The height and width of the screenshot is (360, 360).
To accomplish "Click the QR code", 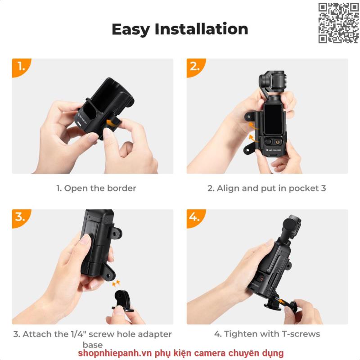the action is (x=338, y=23).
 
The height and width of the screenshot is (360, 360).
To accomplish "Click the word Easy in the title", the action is (x=130, y=29).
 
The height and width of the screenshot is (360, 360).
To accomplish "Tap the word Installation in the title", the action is (x=201, y=29).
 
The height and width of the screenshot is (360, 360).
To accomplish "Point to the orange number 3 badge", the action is (x=21, y=218).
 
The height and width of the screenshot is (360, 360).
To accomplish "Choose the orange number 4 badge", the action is (x=196, y=218).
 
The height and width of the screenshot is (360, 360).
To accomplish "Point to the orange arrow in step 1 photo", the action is (x=111, y=122).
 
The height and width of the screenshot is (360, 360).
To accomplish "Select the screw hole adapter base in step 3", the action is (x=123, y=301).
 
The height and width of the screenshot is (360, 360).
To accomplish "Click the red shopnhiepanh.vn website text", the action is (x=181, y=353).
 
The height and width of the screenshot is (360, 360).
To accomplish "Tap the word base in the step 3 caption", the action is (x=93, y=345).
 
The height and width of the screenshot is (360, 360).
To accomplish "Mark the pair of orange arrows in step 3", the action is (x=116, y=283).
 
